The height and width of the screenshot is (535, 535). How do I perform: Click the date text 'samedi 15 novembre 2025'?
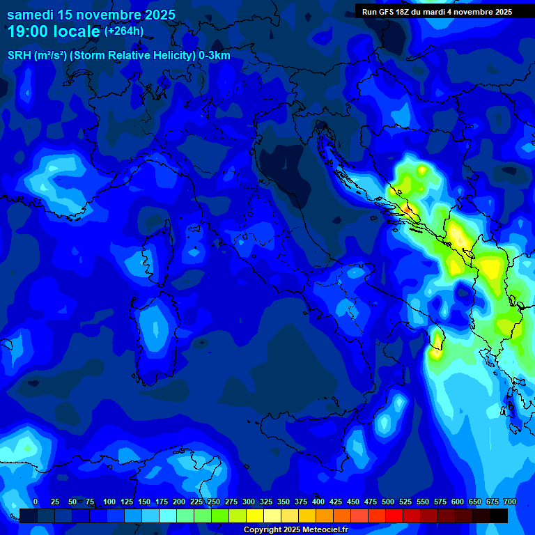point(91,15)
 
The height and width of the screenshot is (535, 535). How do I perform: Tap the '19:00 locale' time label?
point(54,31)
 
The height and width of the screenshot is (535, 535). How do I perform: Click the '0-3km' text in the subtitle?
point(215,56)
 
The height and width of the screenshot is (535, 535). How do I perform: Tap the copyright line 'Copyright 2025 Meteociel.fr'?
point(295,530)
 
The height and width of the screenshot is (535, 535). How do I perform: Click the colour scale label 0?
point(36,502)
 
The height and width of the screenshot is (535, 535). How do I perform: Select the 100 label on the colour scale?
point(109,502)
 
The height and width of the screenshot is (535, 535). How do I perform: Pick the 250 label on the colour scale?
point(214,502)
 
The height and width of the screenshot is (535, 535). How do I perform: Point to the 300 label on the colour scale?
point(249,502)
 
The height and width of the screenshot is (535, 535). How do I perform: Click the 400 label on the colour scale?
point(318,502)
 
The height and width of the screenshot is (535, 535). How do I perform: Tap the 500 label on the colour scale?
point(388,502)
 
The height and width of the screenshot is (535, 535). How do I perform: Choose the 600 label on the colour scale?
point(458,502)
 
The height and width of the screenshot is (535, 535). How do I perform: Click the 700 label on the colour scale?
point(509,502)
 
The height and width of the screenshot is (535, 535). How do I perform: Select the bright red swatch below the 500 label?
point(394,516)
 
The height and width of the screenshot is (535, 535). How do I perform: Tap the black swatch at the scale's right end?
point(498,516)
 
